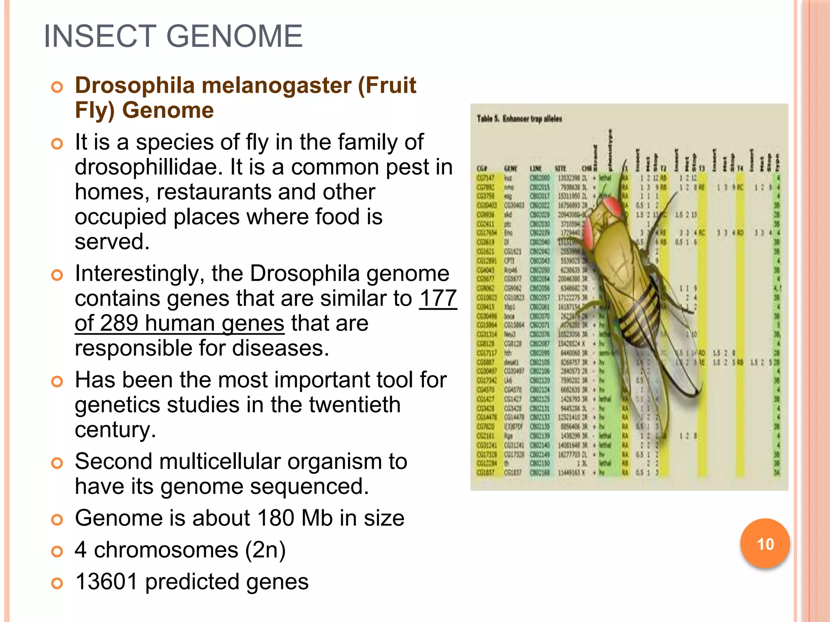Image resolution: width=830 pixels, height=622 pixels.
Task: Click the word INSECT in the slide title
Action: point(99,36)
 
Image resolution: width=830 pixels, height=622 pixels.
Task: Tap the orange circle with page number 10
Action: point(765,543)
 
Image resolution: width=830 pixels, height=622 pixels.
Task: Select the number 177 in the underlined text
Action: point(438,298)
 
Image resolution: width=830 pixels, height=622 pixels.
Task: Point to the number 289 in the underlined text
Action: point(117,324)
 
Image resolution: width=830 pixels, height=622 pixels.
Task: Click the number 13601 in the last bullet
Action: point(107,582)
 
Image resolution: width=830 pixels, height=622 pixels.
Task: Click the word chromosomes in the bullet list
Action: point(166,550)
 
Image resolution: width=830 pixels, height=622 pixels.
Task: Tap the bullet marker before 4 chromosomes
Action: point(57,552)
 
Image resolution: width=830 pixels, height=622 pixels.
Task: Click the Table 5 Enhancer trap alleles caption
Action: point(519,119)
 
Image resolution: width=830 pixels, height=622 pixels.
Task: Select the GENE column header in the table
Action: point(510,168)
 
